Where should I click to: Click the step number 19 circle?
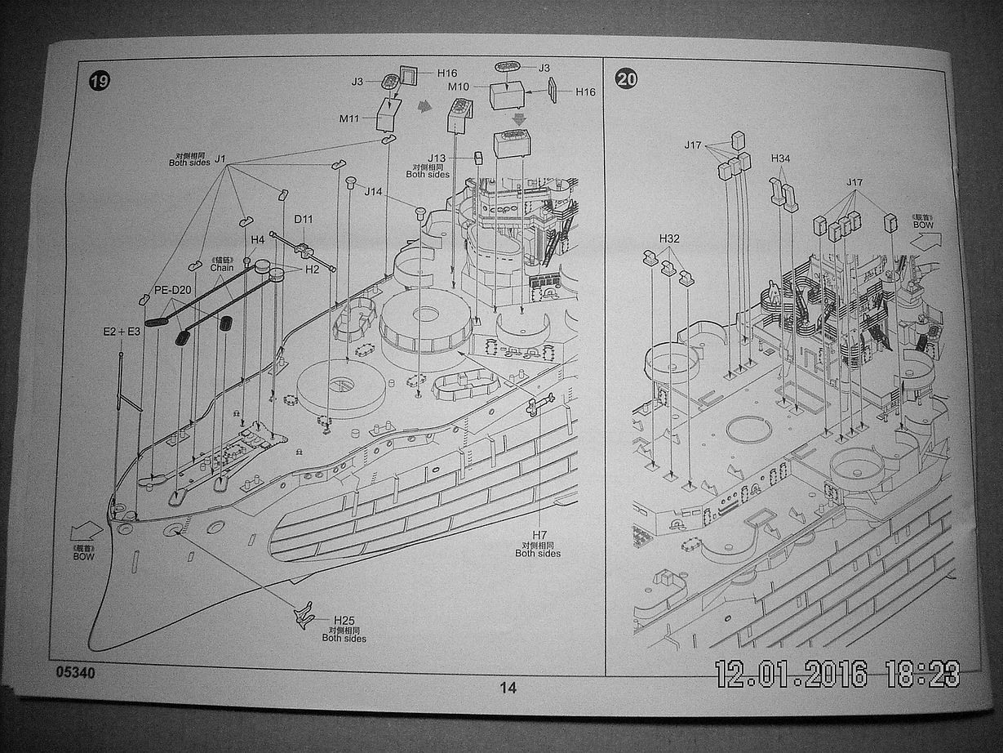(x=100, y=81)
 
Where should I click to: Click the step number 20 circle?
(x=627, y=79)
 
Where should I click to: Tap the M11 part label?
(x=349, y=119)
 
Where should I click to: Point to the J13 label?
(x=437, y=158)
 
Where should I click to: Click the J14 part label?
(x=373, y=192)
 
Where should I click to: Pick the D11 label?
(x=304, y=219)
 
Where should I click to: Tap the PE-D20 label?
(x=172, y=290)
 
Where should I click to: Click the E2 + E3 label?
(x=122, y=332)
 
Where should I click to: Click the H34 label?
(x=781, y=158)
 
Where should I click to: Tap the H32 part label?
(x=669, y=238)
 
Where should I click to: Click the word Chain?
(x=221, y=267)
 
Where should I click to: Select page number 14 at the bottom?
(x=508, y=688)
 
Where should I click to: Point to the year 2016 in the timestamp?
(x=836, y=673)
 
